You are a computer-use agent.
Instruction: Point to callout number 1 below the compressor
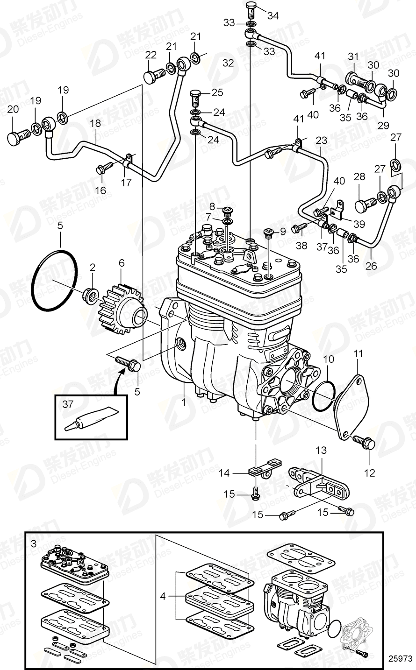tap(184, 401)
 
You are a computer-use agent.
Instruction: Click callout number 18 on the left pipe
tap(95, 124)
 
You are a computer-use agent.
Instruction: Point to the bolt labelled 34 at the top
tap(251, 8)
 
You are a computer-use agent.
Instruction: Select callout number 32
tap(228, 63)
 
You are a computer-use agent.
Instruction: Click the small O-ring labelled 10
tap(323, 398)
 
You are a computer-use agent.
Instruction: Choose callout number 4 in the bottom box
tap(163, 596)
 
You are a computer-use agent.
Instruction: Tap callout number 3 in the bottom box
tap(33, 544)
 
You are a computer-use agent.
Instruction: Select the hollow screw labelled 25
tap(196, 99)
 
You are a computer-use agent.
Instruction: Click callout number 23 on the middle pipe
tap(321, 140)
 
